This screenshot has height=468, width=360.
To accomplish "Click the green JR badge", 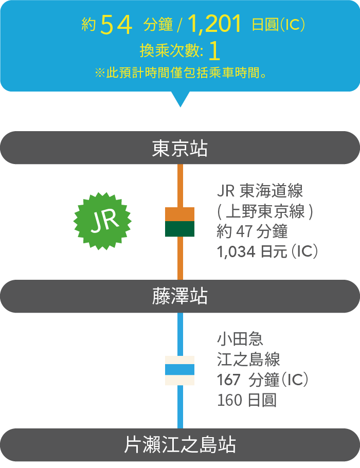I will (x=103, y=221).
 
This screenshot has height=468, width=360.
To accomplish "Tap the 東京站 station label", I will (x=180, y=148).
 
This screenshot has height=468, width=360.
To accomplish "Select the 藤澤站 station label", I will (x=180, y=296).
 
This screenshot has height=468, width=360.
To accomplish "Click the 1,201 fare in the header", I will (x=214, y=25).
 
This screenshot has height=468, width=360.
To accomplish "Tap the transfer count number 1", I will (x=215, y=51).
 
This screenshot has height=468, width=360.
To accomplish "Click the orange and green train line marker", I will (x=179, y=222).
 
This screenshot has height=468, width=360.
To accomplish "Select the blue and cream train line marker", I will (x=179, y=370).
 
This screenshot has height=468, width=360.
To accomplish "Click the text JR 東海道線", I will (x=260, y=191).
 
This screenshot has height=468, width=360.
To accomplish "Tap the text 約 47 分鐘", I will (x=252, y=232).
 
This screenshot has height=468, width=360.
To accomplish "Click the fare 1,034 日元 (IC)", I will (x=267, y=253).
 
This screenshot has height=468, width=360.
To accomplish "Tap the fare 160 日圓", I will (x=247, y=400).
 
